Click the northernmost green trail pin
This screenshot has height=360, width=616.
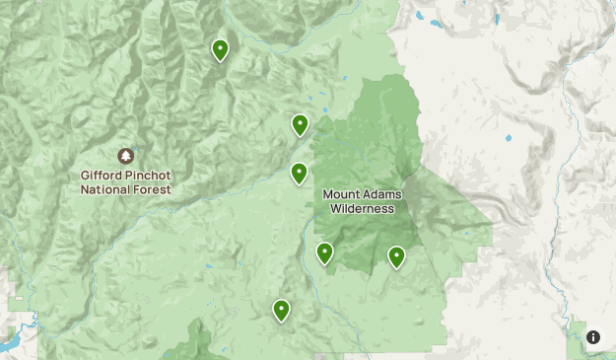221,49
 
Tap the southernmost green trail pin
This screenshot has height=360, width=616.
282,311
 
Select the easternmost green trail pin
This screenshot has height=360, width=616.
396,256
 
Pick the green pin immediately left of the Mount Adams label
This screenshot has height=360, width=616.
299,174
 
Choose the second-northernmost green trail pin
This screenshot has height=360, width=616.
300,124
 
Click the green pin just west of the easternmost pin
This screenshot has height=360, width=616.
324,253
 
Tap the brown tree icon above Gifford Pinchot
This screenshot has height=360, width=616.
126,156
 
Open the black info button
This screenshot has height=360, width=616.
593,337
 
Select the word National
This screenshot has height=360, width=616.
105,189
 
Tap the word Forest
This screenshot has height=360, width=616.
153,189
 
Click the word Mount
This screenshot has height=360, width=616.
341,194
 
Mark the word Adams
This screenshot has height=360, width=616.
379,194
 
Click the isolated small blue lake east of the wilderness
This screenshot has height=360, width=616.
509,138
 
